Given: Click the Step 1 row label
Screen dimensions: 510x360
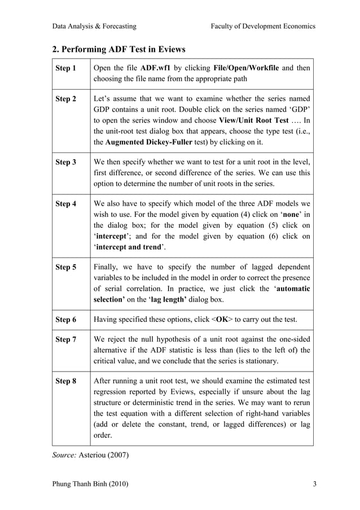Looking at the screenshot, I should tap(65, 68).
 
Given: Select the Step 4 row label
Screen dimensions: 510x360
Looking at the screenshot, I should tap(65, 204).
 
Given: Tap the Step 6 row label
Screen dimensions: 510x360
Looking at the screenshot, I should tap(65, 320).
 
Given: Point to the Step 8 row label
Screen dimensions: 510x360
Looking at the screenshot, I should tap(65, 381).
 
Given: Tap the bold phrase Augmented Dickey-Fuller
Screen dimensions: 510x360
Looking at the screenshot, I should tap(148, 141).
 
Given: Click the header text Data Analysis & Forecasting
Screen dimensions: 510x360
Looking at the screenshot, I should tap(94, 26).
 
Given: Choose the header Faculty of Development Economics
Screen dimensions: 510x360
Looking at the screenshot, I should tap(262, 26).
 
